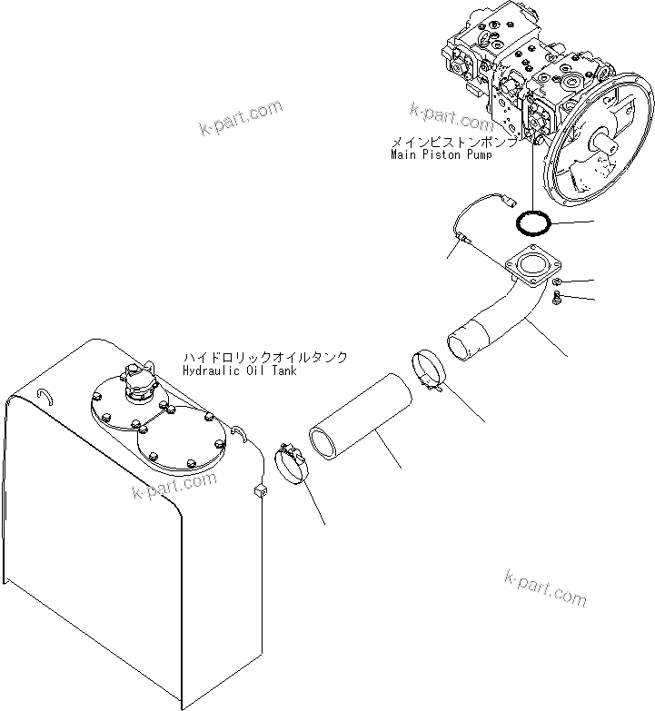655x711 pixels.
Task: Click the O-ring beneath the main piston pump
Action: pos(532,221)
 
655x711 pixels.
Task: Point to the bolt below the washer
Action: pos(556,298)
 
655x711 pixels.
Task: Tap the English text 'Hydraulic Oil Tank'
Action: pos(236,370)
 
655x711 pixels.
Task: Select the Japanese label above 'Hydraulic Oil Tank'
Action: pos(264,358)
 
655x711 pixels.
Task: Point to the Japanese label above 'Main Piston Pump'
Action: pos(454,143)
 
